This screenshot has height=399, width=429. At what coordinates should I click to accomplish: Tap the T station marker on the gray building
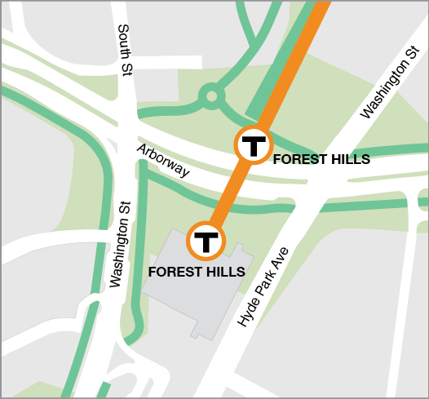[208, 241]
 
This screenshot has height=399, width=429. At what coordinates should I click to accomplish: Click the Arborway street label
[163, 161]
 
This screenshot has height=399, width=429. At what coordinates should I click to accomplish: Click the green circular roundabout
[211, 97]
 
